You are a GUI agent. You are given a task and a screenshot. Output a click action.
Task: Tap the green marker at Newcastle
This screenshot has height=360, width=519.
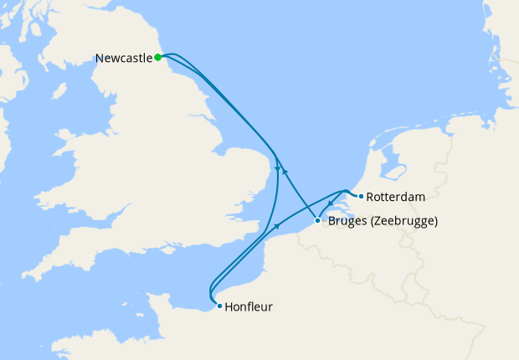[157, 57]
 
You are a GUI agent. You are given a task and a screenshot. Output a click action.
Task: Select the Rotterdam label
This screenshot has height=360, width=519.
[396, 197]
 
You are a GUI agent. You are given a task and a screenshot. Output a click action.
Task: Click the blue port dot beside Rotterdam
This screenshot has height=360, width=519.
[361, 197]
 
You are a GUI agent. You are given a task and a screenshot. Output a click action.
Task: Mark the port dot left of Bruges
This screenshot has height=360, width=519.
[317, 221]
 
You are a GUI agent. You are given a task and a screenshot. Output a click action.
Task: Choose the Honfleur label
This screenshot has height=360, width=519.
[249, 306]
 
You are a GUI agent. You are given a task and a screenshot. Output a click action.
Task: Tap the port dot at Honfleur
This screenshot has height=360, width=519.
[219, 306]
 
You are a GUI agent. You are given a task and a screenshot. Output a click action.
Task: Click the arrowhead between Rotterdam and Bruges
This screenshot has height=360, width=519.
[331, 205]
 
